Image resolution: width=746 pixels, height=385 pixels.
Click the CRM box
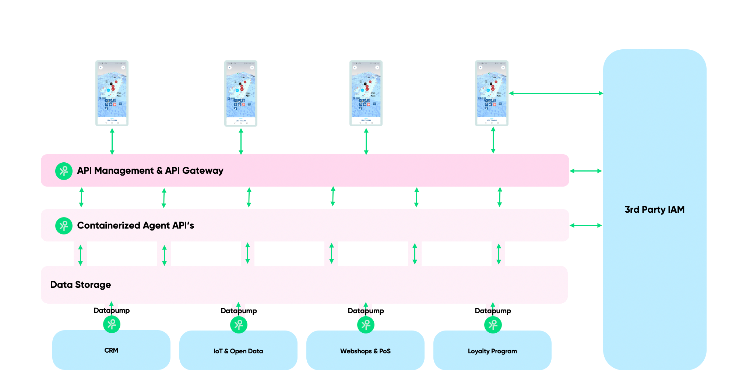click(111, 350)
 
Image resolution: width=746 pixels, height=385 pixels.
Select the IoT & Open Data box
click(238, 351)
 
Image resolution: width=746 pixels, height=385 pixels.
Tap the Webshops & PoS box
click(365, 351)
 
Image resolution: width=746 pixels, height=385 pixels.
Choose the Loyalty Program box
click(492, 351)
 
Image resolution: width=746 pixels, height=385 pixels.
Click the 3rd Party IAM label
click(654, 209)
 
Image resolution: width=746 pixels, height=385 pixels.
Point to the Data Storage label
click(81, 285)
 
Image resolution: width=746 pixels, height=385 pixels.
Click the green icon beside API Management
click(64, 171)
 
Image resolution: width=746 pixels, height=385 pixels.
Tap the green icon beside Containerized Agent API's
click(64, 226)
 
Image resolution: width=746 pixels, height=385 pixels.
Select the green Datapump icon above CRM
click(112, 324)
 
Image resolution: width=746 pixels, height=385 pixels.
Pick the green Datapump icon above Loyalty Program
click(493, 324)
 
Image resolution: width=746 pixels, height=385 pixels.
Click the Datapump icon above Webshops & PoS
click(366, 324)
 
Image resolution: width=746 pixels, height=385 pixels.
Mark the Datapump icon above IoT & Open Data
click(239, 324)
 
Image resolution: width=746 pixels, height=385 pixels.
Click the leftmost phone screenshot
click(112, 93)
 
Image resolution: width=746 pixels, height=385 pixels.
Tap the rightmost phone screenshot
click(492, 93)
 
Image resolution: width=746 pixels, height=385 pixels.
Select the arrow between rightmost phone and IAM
click(556, 93)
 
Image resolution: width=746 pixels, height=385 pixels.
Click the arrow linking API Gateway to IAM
click(586, 171)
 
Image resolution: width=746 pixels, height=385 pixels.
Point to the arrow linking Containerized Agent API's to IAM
click(586, 225)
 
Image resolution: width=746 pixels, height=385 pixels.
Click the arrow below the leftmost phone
click(112, 141)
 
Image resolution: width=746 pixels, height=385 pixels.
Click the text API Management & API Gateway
click(150, 171)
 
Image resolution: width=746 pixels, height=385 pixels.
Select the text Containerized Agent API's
click(136, 226)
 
